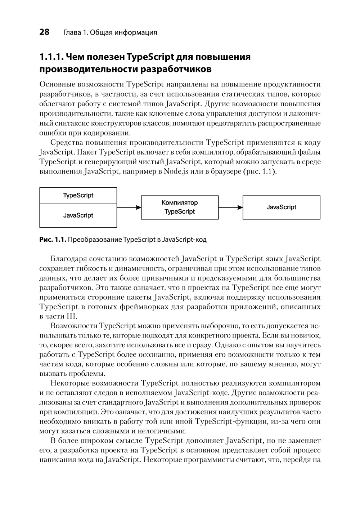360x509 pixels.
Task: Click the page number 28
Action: tap(44, 32)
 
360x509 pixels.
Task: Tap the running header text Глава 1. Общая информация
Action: tap(110, 32)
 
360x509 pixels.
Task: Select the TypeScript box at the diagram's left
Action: tap(78, 195)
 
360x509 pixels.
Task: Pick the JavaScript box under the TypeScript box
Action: tap(78, 215)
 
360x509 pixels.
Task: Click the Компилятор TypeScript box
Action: tap(180, 207)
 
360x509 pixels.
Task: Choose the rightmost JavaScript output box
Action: tap(281, 207)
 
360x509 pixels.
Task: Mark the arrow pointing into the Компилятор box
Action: tap(129, 207)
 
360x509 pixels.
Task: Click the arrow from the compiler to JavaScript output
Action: tap(230, 207)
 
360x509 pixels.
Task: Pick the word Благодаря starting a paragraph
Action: tap(67, 259)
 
